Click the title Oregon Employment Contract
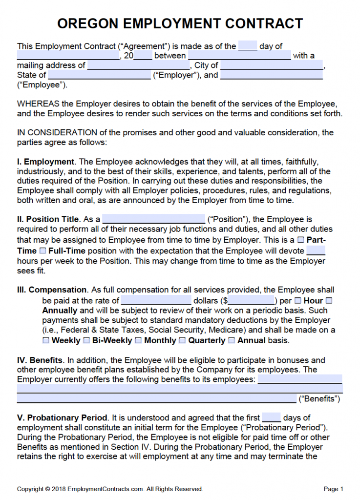point(180,23)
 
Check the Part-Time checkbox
point(301,240)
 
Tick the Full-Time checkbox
point(42,251)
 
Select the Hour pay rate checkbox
point(298,301)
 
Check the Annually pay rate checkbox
point(329,301)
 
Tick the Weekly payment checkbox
point(46,340)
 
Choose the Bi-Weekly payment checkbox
point(86,340)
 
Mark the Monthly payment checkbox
point(138,340)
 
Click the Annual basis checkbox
point(232,340)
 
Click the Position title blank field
point(153,219)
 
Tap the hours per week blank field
point(316,251)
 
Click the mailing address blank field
point(139,65)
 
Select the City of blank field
point(272,65)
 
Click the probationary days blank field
point(271,418)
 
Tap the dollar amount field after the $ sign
point(251,301)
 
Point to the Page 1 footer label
point(334,489)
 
